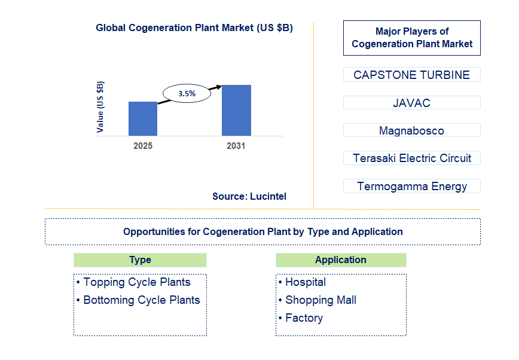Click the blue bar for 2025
pyautogui.click(x=143, y=118)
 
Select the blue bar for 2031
pyautogui.click(x=236, y=110)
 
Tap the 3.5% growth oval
pyautogui.click(x=187, y=93)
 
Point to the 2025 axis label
pyautogui.click(x=143, y=146)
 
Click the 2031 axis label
pyautogui.click(x=236, y=146)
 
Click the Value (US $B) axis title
pyautogui.click(x=100, y=106)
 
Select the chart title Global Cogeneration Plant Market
pyautogui.click(x=194, y=28)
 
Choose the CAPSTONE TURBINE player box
pyautogui.click(x=411, y=75)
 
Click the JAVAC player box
pyautogui.click(x=411, y=103)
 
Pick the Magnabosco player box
pyautogui.click(x=411, y=130)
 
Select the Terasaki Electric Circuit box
pyautogui.click(x=411, y=158)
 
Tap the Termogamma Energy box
pyautogui.click(x=411, y=186)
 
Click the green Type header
pyautogui.click(x=140, y=260)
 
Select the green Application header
pyautogui.click(x=341, y=260)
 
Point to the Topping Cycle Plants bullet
pyautogui.click(x=136, y=282)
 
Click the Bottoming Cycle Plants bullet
pyautogui.click(x=141, y=300)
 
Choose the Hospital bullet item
pyautogui.click(x=305, y=282)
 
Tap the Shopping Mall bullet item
pyautogui.click(x=320, y=300)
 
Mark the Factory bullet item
pyautogui.click(x=304, y=318)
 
